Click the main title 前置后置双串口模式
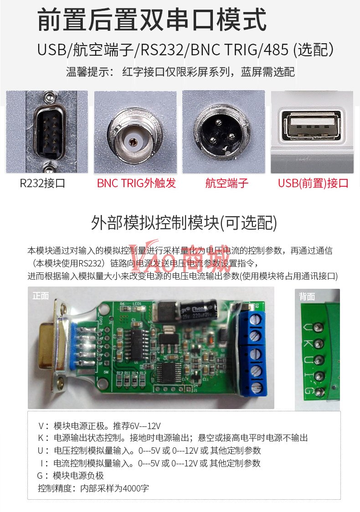point(152,20)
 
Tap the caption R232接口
point(42,183)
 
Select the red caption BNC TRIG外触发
point(137,183)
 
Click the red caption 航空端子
point(227,183)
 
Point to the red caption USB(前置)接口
point(313,183)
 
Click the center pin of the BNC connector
point(133,142)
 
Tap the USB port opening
point(312,125)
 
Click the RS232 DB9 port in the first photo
point(50,133)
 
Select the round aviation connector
point(221,132)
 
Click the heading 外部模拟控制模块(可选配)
point(184,223)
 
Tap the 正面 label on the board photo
point(41,296)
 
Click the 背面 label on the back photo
point(307,297)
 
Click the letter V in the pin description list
point(41,426)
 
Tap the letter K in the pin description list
point(41,438)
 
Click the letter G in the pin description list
point(40,476)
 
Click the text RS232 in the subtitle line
point(162,50)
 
